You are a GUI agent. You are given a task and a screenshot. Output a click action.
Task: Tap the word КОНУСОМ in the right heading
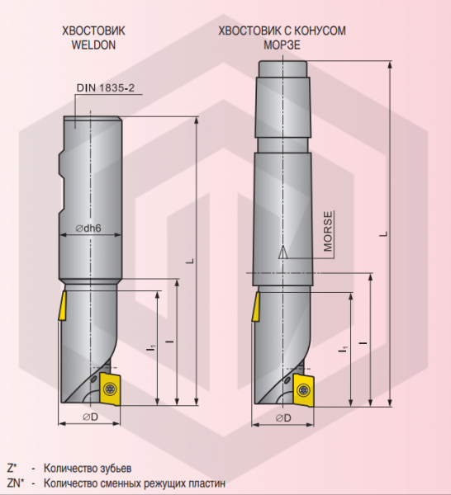[317, 31]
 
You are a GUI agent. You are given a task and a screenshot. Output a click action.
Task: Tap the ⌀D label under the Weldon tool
[90, 417]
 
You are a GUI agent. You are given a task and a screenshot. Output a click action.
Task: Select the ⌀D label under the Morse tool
[282, 417]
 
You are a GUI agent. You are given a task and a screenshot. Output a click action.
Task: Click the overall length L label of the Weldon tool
[189, 261]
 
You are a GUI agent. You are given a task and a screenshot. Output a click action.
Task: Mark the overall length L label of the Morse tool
[382, 233]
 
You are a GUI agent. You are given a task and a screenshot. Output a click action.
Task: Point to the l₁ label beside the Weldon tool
[151, 350]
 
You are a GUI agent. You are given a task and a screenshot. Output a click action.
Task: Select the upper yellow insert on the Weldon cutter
[63, 307]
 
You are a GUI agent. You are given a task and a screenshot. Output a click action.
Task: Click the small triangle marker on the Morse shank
[283, 252]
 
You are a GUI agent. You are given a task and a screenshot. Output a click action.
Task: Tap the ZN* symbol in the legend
[14, 483]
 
